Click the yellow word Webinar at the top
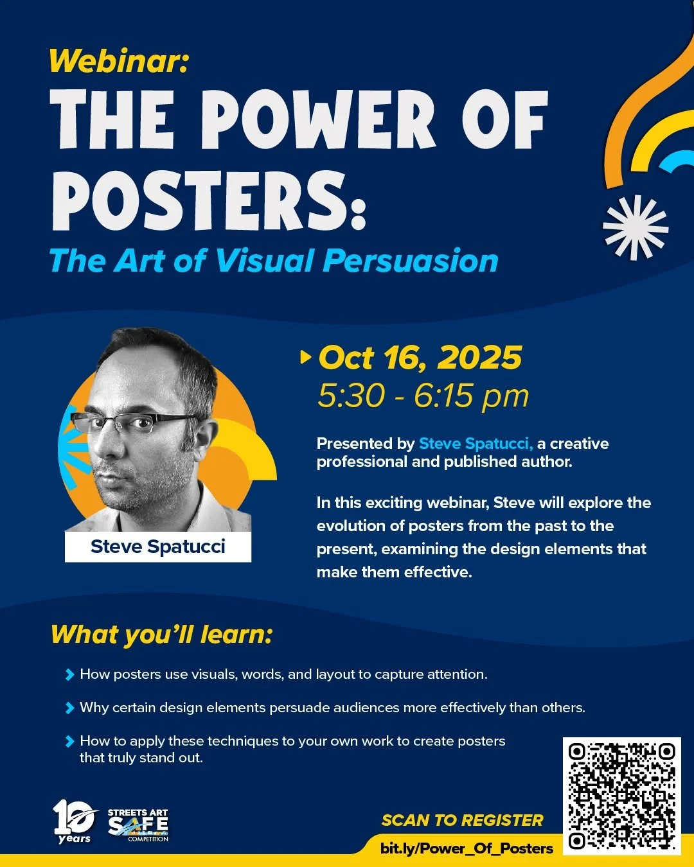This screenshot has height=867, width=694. [118, 61]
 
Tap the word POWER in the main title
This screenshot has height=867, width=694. [319, 120]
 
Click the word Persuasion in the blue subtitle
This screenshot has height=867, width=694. [411, 261]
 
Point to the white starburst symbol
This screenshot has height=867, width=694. [635, 227]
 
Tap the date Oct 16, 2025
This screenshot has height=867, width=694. [420, 358]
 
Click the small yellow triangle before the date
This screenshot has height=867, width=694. [306, 356]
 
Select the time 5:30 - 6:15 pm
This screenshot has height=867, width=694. [423, 396]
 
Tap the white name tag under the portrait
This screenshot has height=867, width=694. [158, 547]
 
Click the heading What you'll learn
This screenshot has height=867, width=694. [162, 635]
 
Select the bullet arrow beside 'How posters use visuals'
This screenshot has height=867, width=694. [69, 674]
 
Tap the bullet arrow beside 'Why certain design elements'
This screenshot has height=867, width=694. [69, 708]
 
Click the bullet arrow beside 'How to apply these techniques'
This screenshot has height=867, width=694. [69, 741]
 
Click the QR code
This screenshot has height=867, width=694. [621, 796]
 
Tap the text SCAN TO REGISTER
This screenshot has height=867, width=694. [462, 820]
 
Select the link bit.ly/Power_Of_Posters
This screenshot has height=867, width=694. [467, 848]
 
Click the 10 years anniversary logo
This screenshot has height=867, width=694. [75, 821]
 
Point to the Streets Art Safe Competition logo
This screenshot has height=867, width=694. [138, 825]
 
